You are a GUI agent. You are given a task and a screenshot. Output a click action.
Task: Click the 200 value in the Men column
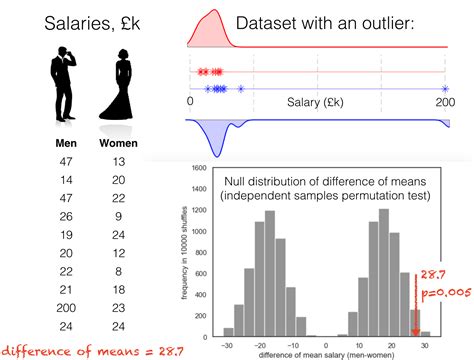[67, 307]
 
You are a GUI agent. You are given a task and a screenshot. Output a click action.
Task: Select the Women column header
[119, 144]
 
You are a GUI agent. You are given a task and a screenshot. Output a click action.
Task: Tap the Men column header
[67, 144]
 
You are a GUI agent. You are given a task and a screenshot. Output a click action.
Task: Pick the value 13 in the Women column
[119, 161]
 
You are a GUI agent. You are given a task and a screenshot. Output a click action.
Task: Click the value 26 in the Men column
[67, 216]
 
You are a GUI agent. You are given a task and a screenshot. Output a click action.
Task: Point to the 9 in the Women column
[119, 216]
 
